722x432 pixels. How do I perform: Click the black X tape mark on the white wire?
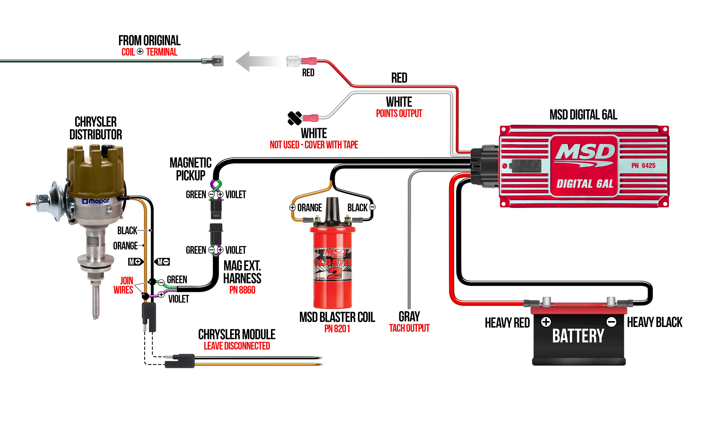(295, 118)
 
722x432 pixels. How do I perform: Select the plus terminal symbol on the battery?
(546, 322)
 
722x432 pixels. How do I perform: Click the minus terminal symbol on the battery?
(611, 322)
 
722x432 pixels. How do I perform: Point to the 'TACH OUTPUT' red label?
(409, 328)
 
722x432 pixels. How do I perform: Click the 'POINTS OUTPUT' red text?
(399, 113)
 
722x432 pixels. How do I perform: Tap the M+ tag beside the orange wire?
(136, 262)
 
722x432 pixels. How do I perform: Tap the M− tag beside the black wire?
(162, 262)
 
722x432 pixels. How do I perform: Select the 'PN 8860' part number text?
(242, 290)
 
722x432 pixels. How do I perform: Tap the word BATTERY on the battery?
(578, 336)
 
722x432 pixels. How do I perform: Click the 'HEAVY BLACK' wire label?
(654, 322)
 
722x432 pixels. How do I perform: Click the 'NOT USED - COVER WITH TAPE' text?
(314, 145)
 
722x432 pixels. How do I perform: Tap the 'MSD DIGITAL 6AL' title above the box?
(583, 115)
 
